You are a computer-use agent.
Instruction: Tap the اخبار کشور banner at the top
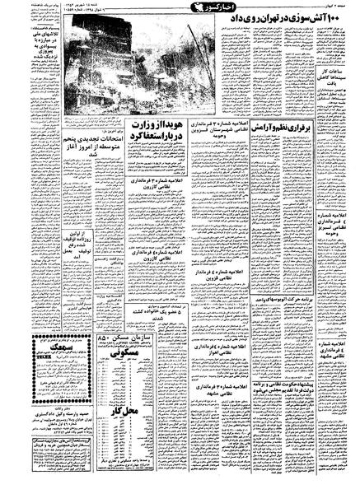[180, 7]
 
